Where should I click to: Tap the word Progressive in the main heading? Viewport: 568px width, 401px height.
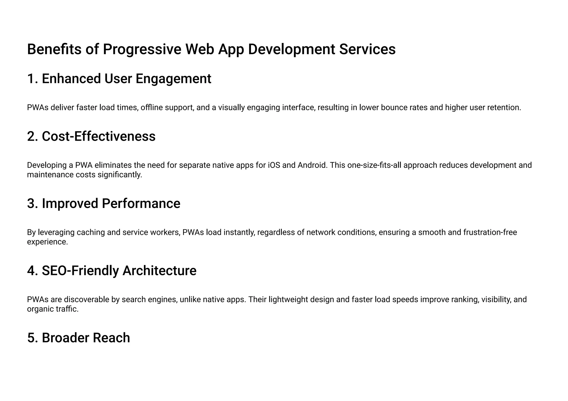(142, 49)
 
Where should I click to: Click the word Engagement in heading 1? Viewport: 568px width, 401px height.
(173, 79)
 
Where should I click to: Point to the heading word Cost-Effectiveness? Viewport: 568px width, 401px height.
(98, 136)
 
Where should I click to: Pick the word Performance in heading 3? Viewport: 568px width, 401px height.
(141, 203)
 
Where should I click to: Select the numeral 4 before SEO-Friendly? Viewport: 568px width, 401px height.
(32, 271)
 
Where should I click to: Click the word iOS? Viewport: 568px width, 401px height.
(274, 165)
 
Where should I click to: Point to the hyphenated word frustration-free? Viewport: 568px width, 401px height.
(490, 232)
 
